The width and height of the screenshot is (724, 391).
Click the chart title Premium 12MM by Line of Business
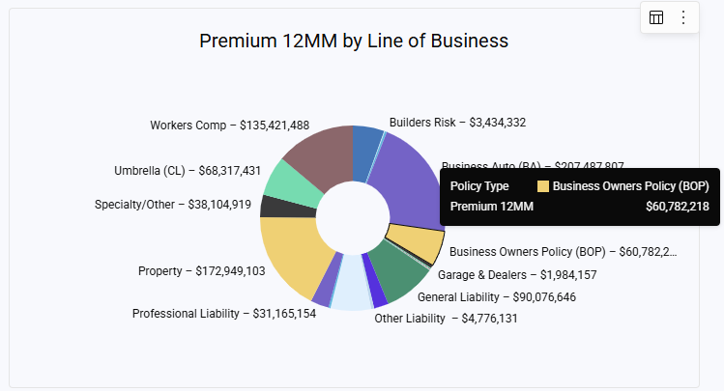(x=354, y=41)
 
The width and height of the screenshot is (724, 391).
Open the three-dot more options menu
(x=683, y=17)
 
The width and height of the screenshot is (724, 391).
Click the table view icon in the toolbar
(x=656, y=17)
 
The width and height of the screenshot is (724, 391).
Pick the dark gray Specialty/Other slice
(x=275, y=206)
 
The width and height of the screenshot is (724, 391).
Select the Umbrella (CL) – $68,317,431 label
(x=188, y=171)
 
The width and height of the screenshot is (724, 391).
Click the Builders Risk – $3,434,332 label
(x=457, y=123)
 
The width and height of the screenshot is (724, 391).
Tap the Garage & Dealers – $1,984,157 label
(x=517, y=275)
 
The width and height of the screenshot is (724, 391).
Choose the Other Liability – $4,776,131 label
(x=446, y=318)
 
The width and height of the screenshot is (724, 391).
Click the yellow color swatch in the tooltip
(x=543, y=185)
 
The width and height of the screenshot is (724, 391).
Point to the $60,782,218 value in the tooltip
(x=677, y=206)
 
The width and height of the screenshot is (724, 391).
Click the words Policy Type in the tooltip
(x=479, y=185)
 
